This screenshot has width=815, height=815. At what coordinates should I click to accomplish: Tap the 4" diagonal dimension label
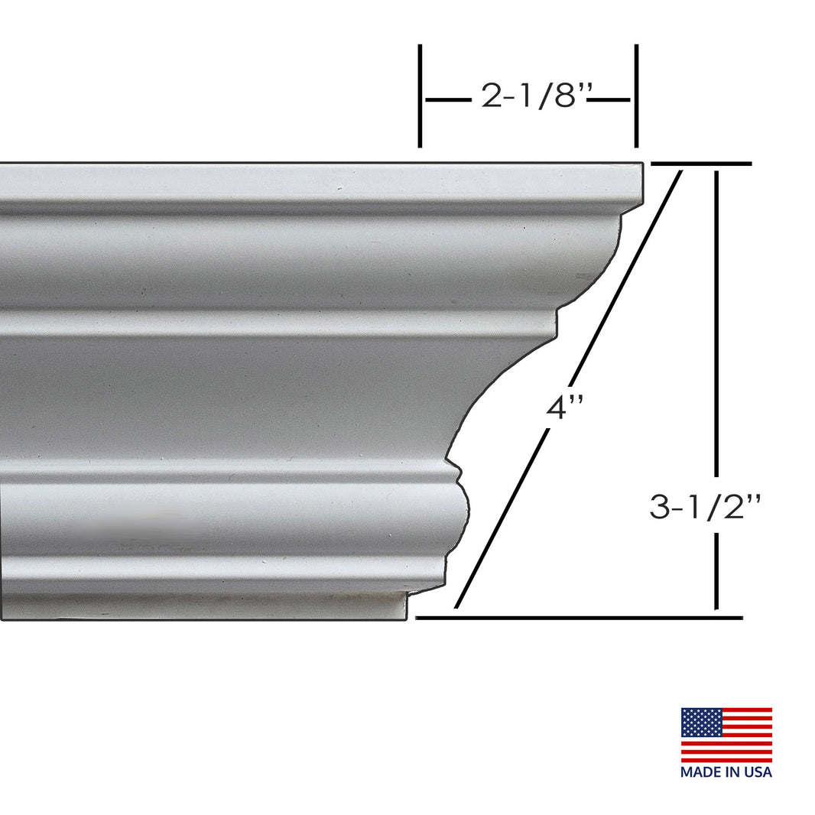tap(565, 407)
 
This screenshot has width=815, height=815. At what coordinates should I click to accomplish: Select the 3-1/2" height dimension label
tap(705, 507)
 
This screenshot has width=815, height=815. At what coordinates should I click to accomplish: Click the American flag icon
tap(726, 735)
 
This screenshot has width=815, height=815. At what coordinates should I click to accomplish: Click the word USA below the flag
tap(758, 772)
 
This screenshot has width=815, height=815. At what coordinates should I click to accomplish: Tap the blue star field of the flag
tap(701, 722)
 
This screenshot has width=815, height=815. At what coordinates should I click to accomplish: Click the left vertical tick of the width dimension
tap(420, 96)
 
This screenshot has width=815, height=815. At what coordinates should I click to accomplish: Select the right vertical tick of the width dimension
tap(636, 96)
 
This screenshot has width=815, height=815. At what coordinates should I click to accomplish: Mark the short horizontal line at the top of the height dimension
tap(700, 164)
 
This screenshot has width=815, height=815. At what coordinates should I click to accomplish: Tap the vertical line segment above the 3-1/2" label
tap(716, 321)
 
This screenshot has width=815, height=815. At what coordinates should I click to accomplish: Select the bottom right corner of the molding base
tap(406, 616)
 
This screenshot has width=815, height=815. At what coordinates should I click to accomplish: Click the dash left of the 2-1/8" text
tap(448, 99)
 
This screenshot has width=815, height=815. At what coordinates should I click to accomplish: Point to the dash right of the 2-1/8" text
tap(612, 99)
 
